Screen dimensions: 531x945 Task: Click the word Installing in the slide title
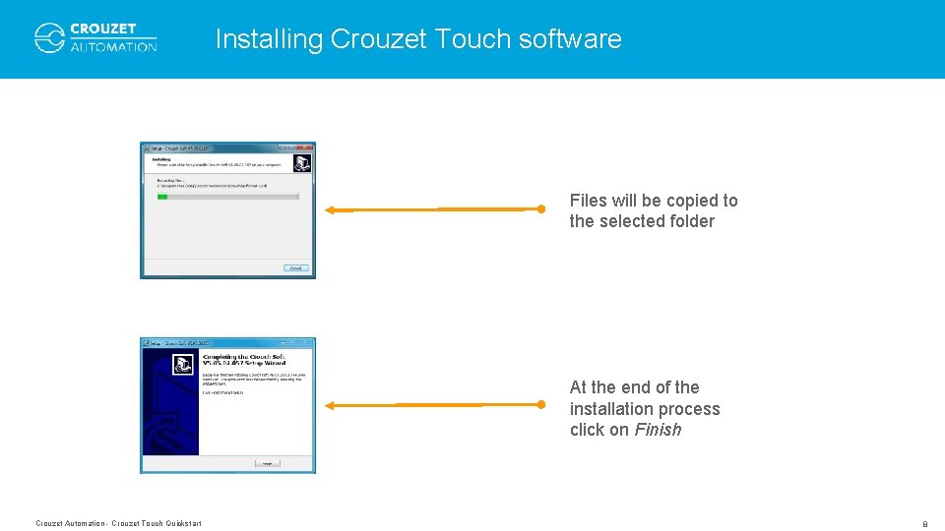pyautogui.click(x=269, y=39)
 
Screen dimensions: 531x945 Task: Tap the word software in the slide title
pyautogui.click(x=570, y=39)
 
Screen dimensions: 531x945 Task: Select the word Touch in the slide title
pyautogui.click(x=470, y=39)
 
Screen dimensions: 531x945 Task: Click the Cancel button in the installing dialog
pyautogui.click(x=295, y=267)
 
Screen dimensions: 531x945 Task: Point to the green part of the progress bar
pyautogui.click(x=162, y=197)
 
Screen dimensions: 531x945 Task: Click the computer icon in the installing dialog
pyautogui.click(x=302, y=162)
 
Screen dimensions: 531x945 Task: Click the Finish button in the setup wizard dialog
pyautogui.click(x=267, y=462)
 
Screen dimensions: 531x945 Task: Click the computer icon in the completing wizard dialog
pyautogui.click(x=182, y=365)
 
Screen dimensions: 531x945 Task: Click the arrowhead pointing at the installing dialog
pyautogui.click(x=331, y=209)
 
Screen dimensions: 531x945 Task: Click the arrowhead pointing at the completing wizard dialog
pyautogui.click(x=331, y=405)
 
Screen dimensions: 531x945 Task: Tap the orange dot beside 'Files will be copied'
pyautogui.click(x=540, y=208)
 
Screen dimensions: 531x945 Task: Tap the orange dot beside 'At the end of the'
pyautogui.click(x=540, y=404)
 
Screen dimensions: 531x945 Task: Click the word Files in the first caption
pyautogui.click(x=587, y=201)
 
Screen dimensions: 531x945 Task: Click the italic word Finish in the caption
pyautogui.click(x=658, y=430)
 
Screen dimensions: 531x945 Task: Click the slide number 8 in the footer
pyautogui.click(x=924, y=524)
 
